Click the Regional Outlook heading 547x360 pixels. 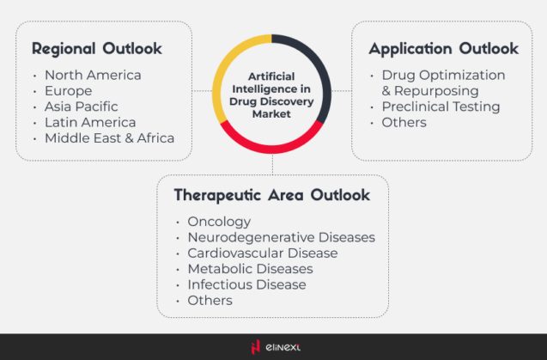(x=97, y=48)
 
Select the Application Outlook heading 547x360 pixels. (x=444, y=48)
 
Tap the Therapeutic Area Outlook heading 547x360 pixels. (x=272, y=195)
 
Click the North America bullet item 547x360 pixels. (x=93, y=75)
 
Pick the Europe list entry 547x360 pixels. (x=68, y=90)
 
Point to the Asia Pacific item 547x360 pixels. (x=82, y=107)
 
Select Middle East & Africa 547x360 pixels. (x=109, y=137)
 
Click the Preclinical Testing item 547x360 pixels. (x=441, y=107)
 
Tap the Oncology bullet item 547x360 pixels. (x=219, y=222)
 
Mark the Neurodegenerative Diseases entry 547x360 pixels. (x=281, y=237)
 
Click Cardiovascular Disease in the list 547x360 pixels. (x=262, y=253)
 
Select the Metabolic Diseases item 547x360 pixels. (x=250, y=269)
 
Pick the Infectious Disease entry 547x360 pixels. (x=246, y=284)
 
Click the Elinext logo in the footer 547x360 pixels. (x=273, y=347)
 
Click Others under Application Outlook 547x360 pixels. (x=404, y=122)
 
